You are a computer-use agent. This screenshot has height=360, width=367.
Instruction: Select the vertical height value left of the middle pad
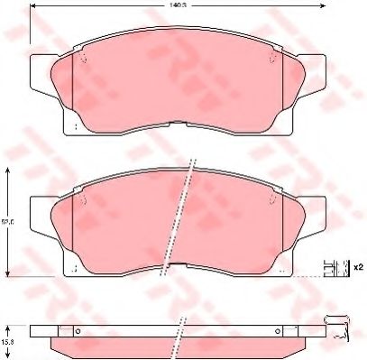pyautogui.click(x=8, y=220)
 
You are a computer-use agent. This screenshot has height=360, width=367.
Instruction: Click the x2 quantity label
pyautogui.click(x=357, y=267)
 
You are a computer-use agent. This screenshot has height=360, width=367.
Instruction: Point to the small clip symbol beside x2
pyautogui.click(x=335, y=267)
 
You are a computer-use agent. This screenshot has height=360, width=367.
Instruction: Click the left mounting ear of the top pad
pyautogui.click(x=41, y=73)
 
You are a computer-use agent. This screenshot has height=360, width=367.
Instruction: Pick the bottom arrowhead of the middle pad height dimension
pyautogui.click(x=8, y=272)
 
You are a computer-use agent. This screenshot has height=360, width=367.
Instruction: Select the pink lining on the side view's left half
pyautogui.click(x=117, y=344)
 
